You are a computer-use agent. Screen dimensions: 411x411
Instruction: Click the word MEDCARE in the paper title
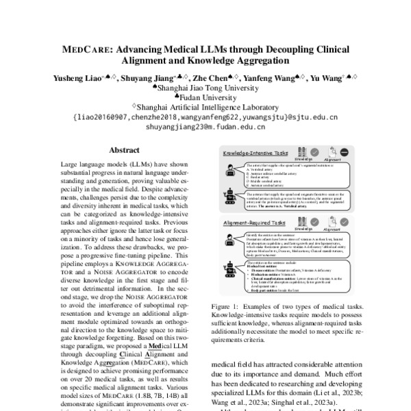[87, 50]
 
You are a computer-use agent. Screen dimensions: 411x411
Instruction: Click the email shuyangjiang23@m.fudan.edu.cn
[205, 127]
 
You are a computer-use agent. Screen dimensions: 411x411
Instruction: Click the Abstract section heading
[114, 150]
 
